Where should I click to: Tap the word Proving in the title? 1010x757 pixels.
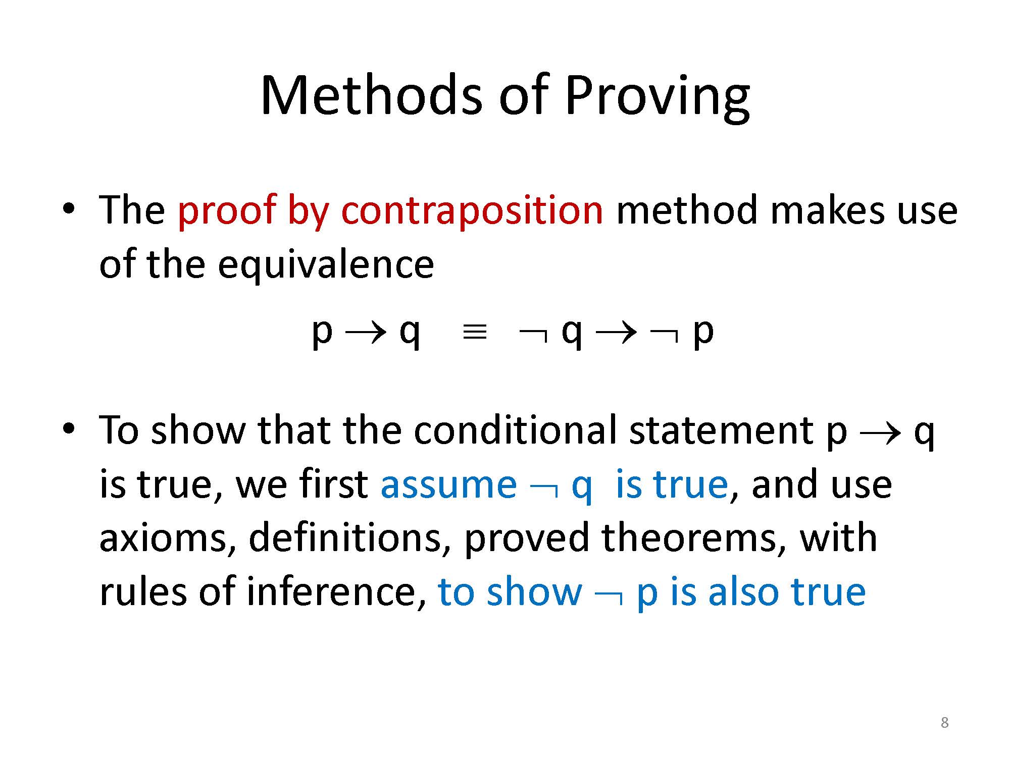(x=657, y=98)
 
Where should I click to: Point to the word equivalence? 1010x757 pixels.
(x=326, y=264)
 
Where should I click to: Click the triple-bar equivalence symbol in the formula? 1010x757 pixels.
(x=475, y=333)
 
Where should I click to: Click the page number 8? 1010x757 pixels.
(x=945, y=723)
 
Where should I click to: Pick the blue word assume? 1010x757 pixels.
(x=449, y=485)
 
